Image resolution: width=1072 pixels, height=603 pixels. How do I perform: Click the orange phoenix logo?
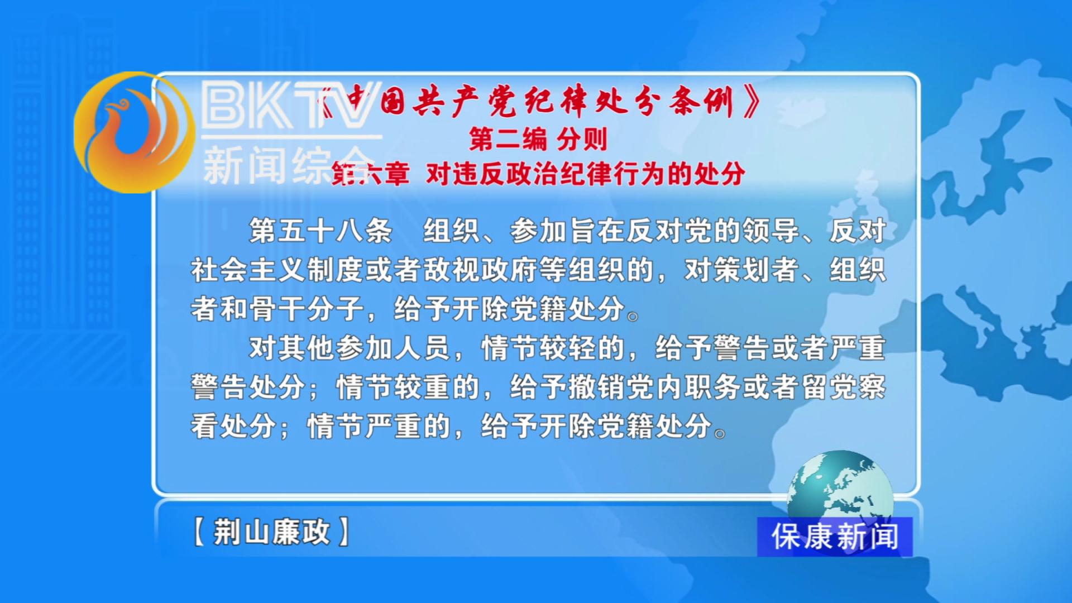134,132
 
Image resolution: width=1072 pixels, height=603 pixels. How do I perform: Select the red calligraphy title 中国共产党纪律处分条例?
539,102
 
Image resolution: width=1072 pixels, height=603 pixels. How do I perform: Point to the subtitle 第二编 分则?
538,138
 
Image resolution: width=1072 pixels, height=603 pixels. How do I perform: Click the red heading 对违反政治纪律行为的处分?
586,174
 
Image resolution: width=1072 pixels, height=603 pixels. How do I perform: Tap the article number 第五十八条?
320,231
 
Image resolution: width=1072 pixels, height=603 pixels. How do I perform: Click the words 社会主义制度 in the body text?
277,270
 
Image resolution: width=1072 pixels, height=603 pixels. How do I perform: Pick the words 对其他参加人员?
350,348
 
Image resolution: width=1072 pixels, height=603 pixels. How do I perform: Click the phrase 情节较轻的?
553,348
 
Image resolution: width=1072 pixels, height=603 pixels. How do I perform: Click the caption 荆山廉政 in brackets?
271,531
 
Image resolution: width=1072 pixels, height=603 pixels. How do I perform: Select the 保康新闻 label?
835,537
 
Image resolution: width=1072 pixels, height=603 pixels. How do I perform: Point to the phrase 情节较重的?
408,387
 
